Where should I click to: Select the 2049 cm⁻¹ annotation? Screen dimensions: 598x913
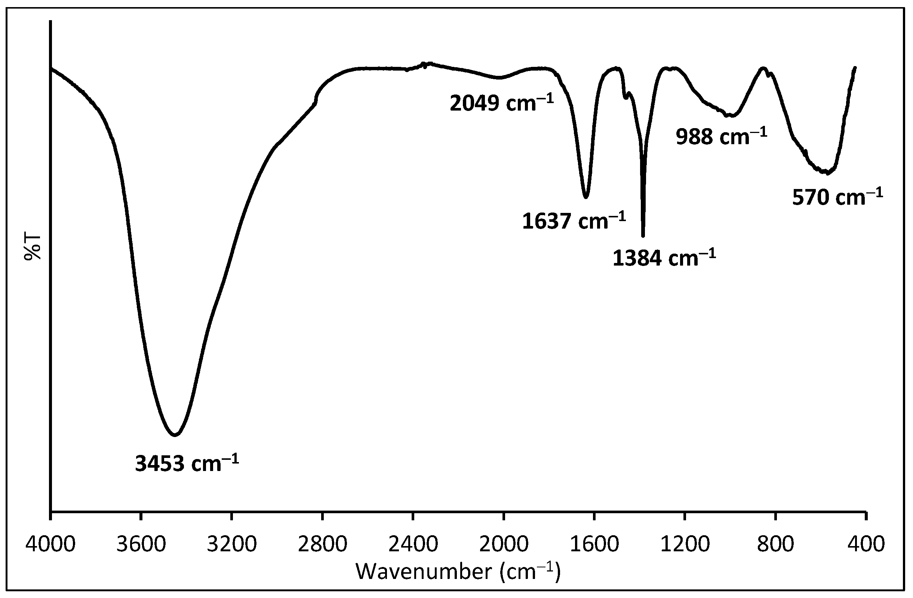[502, 103]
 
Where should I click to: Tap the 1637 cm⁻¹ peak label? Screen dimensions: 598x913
[574, 221]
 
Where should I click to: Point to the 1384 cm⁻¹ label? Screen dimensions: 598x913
[664, 258]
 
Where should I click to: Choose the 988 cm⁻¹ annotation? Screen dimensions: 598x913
[721, 137]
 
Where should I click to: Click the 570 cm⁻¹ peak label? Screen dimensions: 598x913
[837, 198]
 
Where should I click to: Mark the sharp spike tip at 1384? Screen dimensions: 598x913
[643, 236]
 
